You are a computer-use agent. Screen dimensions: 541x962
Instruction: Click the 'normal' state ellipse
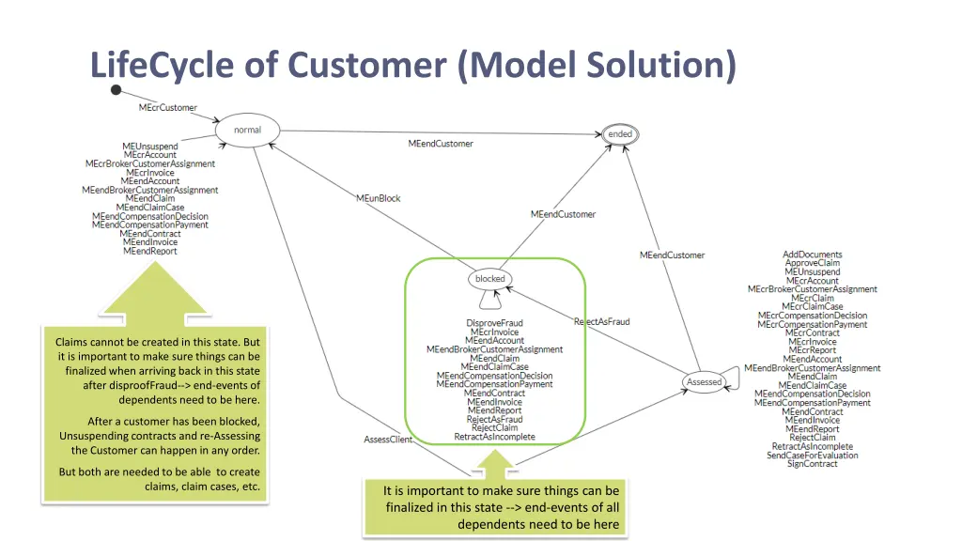pyautogui.click(x=248, y=131)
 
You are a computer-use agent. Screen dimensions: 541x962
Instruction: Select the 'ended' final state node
pyautogui.click(x=620, y=134)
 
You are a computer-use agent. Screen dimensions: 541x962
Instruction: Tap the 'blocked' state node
pyautogui.click(x=489, y=279)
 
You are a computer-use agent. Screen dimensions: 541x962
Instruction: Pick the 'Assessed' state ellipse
pyautogui.click(x=705, y=382)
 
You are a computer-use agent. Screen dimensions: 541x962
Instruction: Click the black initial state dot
pyautogui.click(x=116, y=90)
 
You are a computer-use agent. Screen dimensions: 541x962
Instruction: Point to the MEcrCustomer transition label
pyautogui.click(x=168, y=107)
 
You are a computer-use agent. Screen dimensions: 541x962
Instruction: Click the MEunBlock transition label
pyautogui.click(x=379, y=198)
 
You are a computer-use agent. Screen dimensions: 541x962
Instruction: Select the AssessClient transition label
pyautogui.click(x=388, y=440)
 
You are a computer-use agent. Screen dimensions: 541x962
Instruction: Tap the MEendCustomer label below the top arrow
pyautogui.click(x=441, y=144)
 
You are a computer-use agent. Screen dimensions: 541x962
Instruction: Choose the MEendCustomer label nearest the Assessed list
pyautogui.click(x=672, y=255)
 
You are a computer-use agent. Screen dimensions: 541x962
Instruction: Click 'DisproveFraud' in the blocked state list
pyautogui.click(x=494, y=323)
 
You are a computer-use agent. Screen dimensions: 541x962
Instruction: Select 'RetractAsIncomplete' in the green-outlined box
pyautogui.click(x=494, y=437)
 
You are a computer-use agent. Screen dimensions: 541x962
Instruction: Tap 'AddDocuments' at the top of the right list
pyautogui.click(x=813, y=255)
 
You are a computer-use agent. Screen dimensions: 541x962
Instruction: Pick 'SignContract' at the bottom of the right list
pyautogui.click(x=813, y=464)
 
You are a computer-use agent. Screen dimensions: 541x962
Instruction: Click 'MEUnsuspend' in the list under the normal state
pyautogui.click(x=150, y=147)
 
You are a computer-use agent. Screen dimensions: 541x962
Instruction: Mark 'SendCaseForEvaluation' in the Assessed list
pyautogui.click(x=813, y=456)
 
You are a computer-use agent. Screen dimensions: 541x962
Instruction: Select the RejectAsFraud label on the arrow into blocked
pyautogui.click(x=601, y=322)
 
